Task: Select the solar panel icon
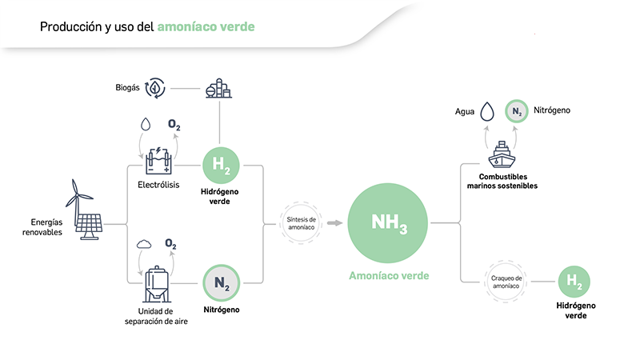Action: pyautogui.click(x=90, y=226)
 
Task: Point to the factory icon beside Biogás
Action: pyautogui.click(x=218, y=87)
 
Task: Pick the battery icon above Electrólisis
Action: pyautogui.click(x=158, y=161)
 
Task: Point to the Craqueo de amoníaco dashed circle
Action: pyautogui.click(x=506, y=281)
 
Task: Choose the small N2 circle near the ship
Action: pyautogui.click(x=517, y=110)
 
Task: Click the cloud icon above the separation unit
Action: pyautogui.click(x=145, y=244)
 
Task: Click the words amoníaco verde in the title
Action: pyautogui.click(x=206, y=26)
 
